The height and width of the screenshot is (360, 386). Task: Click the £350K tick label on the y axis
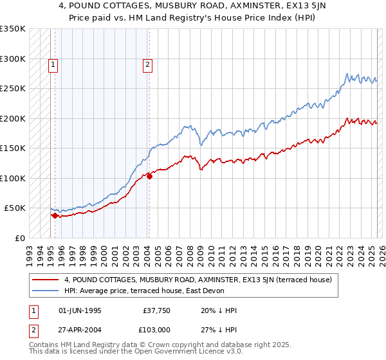tap(12, 29)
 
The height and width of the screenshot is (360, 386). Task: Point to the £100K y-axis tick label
tap(12, 178)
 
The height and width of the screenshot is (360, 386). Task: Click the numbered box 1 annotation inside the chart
tap(52, 64)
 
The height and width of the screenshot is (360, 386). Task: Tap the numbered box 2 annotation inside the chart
tap(148, 64)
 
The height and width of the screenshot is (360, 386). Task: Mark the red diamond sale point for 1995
tap(55, 215)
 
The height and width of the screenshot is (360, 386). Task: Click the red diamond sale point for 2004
tap(149, 176)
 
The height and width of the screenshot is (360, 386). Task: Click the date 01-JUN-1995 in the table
tap(80, 310)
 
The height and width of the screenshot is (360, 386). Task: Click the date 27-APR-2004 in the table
tap(80, 331)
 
